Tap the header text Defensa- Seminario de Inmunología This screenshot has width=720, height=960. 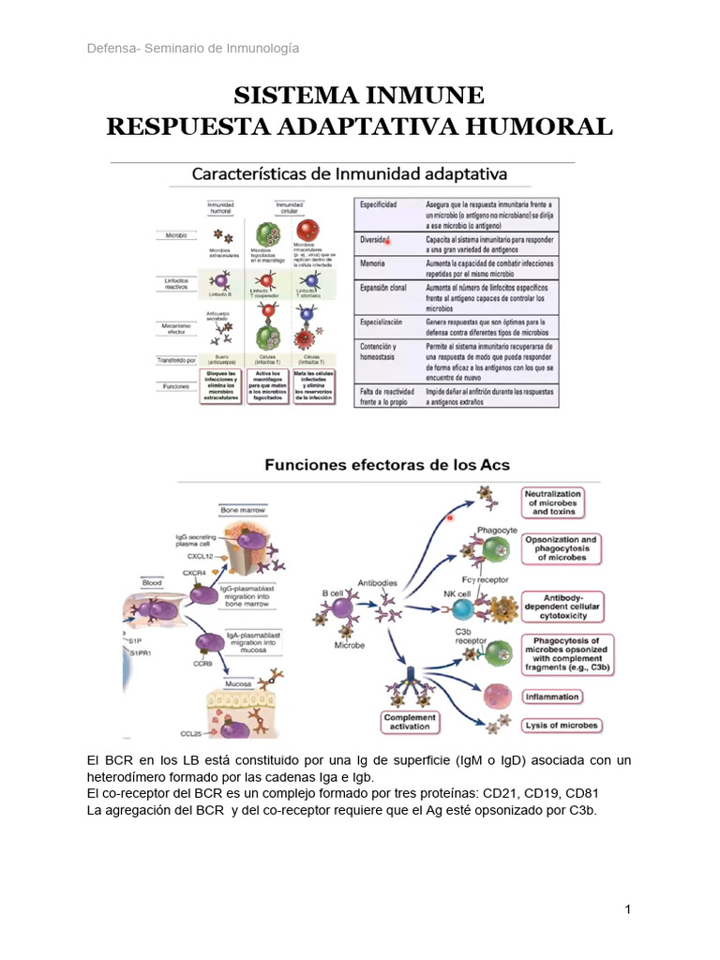[x=193, y=49]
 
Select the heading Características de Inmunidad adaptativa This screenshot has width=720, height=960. [x=349, y=174]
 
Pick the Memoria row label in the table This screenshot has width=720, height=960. [x=373, y=264]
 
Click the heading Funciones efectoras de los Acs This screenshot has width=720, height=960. [x=387, y=464]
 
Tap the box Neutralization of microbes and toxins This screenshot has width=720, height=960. [x=553, y=502]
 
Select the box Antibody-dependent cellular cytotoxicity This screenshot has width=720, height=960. [x=559, y=605]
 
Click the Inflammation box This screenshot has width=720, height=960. [x=552, y=697]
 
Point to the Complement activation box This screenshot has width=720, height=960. [x=410, y=721]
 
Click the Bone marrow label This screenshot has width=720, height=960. [x=244, y=510]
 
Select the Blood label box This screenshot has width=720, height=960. [x=154, y=582]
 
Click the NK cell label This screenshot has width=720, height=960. [x=457, y=593]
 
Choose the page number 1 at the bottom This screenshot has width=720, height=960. [x=628, y=910]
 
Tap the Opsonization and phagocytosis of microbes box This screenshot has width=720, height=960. [x=561, y=548]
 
